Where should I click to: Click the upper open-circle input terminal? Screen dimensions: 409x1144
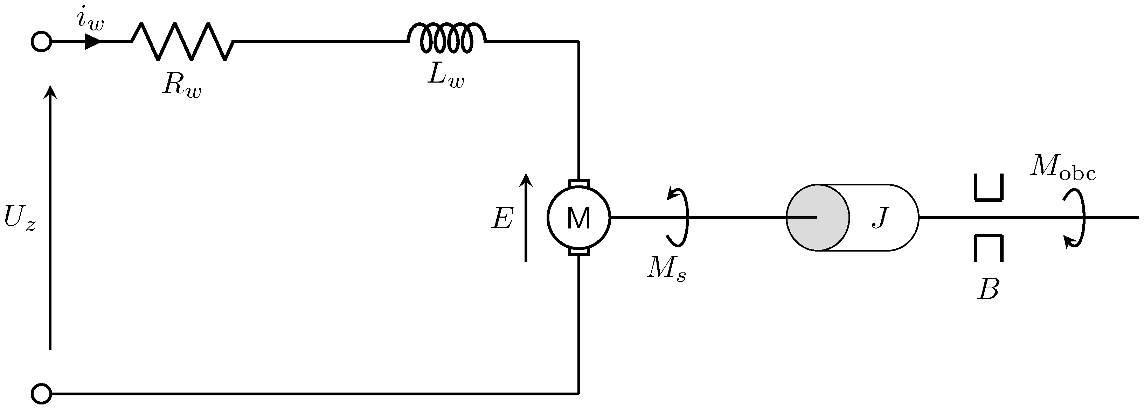pos(41,42)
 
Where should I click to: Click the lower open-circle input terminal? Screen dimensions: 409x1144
pos(41,393)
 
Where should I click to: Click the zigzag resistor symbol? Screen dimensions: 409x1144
pos(182,42)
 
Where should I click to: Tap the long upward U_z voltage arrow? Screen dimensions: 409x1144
pos(50,217)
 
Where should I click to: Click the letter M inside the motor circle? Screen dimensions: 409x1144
pos(579,218)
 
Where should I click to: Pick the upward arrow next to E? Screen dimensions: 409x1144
pos(526,217)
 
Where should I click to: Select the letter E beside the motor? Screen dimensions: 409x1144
pos(502,219)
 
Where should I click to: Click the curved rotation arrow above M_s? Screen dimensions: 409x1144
pos(680,217)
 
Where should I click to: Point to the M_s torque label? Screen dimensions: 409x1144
pos(666,269)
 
